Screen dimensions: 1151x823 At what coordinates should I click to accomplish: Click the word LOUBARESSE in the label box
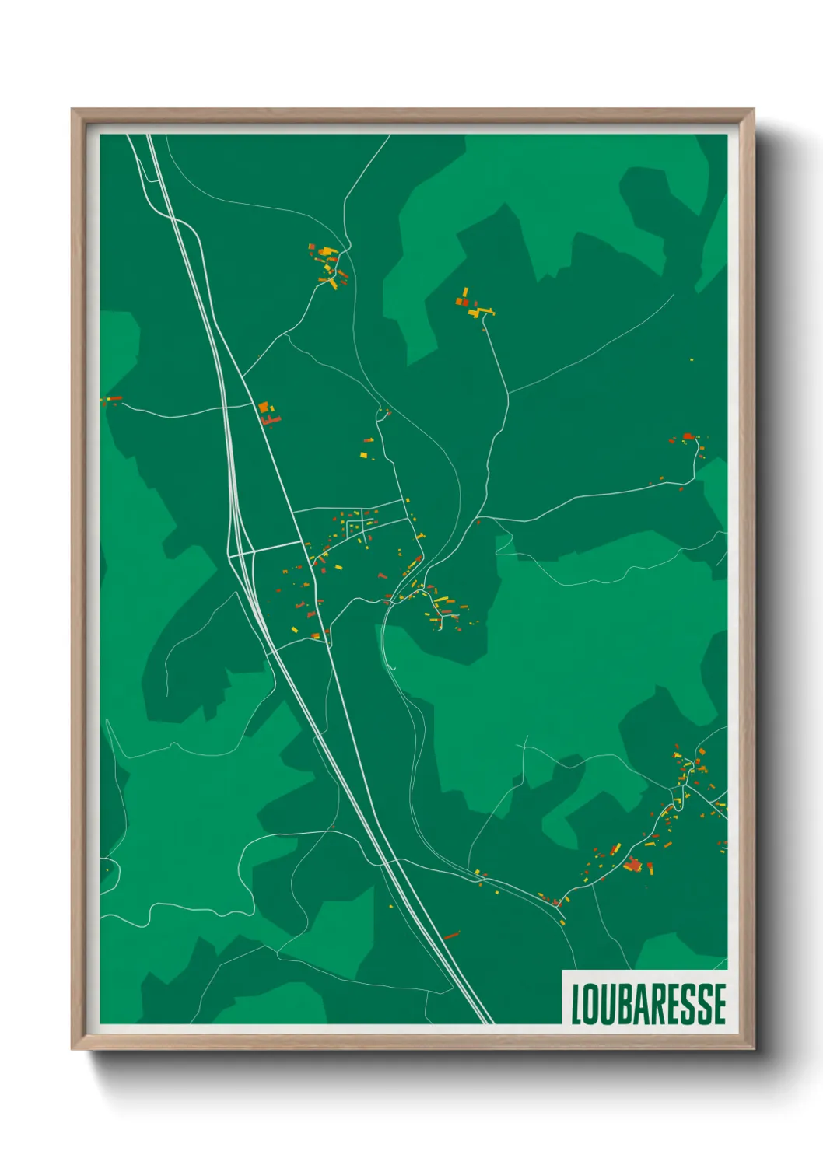click(x=648, y=1004)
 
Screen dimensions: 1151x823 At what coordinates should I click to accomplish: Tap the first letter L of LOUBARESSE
click(x=576, y=1004)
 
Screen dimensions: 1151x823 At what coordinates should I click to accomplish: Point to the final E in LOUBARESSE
click(x=720, y=1004)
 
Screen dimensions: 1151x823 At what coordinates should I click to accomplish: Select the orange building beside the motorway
click(x=264, y=408)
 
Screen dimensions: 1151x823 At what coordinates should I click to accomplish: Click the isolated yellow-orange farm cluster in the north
click(x=473, y=306)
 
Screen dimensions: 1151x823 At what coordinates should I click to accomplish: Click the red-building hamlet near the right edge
click(x=688, y=439)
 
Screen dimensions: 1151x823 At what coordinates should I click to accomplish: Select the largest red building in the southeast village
click(x=632, y=865)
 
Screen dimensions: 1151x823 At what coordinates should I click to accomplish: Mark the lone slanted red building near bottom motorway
click(x=451, y=935)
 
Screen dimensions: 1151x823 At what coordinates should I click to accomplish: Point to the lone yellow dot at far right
click(x=692, y=360)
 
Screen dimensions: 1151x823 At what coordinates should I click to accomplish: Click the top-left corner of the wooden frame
click(x=73, y=110)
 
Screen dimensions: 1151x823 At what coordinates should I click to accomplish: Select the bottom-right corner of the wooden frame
click(x=753, y=1049)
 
